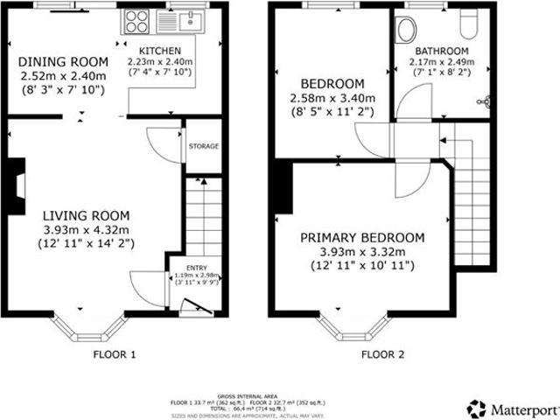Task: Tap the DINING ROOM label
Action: pyautogui.click(x=64, y=61)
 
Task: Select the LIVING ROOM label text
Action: pyautogui.click(x=87, y=215)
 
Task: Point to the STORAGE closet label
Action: pyautogui.click(x=203, y=146)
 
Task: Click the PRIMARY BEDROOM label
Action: pyautogui.click(x=362, y=237)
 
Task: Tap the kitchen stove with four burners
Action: pyautogui.click(x=137, y=18)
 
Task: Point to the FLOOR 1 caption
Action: pyautogui.click(x=115, y=354)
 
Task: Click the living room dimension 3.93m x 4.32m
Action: pyautogui.click(x=87, y=230)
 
